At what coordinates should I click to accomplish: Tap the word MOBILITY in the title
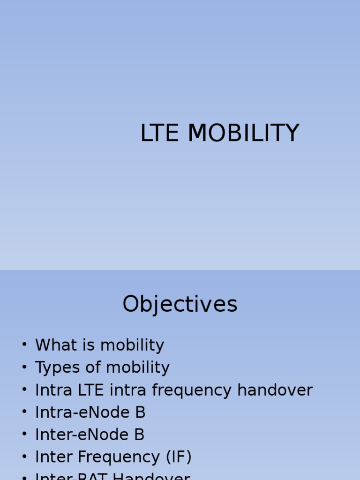[x=243, y=133]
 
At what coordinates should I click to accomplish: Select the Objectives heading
[x=180, y=304]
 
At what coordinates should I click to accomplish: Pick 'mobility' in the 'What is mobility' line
[x=132, y=345]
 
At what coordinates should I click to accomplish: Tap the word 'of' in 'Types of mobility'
[x=93, y=368]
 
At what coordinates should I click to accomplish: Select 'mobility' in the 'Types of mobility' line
[x=138, y=368]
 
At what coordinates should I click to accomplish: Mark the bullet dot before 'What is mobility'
[x=24, y=345]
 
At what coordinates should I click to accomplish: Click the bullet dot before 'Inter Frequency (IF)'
[x=24, y=457]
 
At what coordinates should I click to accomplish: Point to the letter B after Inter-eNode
[x=139, y=435]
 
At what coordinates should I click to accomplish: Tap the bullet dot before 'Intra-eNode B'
[x=24, y=412]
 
